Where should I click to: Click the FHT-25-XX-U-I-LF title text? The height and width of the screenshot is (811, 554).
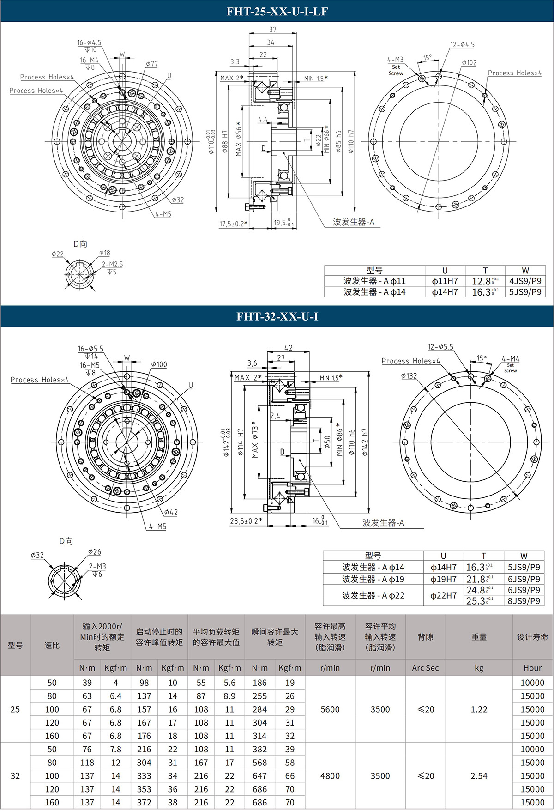coord(277,12)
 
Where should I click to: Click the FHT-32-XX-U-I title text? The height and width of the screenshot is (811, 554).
coord(277,316)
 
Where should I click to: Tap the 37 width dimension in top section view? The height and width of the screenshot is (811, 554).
coord(272,30)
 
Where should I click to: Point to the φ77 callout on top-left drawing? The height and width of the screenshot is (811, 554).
coord(152,64)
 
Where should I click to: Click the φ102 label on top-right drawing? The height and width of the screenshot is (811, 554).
coord(469,63)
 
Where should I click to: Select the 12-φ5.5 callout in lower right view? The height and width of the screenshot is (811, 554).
coord(440,346)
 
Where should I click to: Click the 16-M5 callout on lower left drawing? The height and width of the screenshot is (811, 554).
coord(90,365)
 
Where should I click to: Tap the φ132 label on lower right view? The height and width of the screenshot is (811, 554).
coord(409,376)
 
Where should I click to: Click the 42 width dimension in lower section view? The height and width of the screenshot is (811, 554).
coord(288,348)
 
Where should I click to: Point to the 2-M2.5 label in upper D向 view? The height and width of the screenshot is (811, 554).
coord(112,264)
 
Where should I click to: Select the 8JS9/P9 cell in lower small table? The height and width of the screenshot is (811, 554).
coord(524,601)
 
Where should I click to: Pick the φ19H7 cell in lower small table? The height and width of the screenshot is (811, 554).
coord(443,579)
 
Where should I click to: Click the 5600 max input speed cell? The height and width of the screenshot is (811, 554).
coord(330,709)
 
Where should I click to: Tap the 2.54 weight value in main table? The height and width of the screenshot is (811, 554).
coord(479,776)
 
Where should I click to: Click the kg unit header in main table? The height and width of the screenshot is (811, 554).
coord(479,668)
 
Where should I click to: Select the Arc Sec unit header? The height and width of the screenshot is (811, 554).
coord(425,668)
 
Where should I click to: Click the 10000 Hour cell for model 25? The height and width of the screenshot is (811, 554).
coord(532,683)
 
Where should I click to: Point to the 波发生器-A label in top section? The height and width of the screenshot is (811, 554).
coord(354,222)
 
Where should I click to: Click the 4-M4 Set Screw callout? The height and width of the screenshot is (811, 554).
coord(511,359)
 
